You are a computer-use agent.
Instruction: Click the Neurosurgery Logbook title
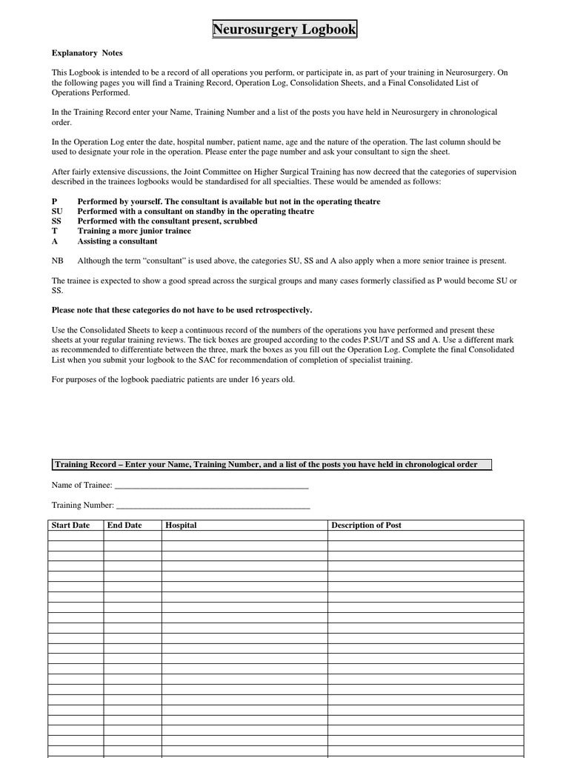coord(284,30)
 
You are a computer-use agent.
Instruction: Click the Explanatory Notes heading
coord(87,53)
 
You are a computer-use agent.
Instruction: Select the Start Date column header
coord(70,525)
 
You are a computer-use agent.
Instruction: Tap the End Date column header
coord(124,525)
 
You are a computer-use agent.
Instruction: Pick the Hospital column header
coord(181,525)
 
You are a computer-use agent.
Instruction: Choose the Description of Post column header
coord(366,525)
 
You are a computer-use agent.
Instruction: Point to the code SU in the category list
coord(57,212)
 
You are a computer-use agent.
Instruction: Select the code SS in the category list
coord(56,221)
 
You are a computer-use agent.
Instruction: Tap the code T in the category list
coord(54,231)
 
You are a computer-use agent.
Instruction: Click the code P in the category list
coord(54,201)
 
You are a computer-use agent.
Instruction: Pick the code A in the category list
coord(54,241)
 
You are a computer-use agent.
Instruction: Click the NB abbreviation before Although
coord(57,261)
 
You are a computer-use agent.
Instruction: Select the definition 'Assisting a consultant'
coord(117,241)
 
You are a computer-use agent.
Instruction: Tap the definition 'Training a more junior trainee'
coord(134,231)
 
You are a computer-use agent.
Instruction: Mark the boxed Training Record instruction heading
coord(271,464)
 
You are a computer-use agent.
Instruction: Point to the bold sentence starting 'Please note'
coord(182,310)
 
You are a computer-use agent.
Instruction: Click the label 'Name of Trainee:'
coord(81,486)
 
